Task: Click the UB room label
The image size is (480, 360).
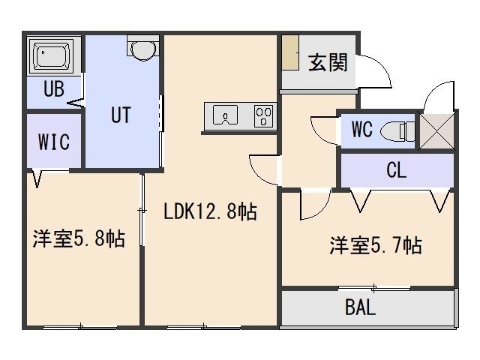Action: pos(54,88)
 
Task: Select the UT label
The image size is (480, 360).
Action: pos(121,115)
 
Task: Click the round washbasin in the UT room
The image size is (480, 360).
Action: pos(143,48)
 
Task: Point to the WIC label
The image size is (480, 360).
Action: pos(54,142)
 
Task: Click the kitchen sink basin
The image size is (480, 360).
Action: pos(225,115)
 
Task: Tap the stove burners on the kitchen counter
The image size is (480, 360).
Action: pos(263,116)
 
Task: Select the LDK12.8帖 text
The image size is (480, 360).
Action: pos(210,211)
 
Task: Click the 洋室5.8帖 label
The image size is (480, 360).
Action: pos(79,238)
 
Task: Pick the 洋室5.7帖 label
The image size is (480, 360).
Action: pos(376,245)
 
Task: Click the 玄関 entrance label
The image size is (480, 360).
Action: pos(328,63)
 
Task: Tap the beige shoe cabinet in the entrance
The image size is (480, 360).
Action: pos(290,52)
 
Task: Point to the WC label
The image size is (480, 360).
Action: pos(362,129)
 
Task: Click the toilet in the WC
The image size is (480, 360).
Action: pos(397,132)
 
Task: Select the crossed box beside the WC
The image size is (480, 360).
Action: pos(436,132)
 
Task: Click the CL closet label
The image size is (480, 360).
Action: pos(396,170)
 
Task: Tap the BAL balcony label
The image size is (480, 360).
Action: pos(360,307)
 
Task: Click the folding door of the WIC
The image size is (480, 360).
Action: pos(37,178)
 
